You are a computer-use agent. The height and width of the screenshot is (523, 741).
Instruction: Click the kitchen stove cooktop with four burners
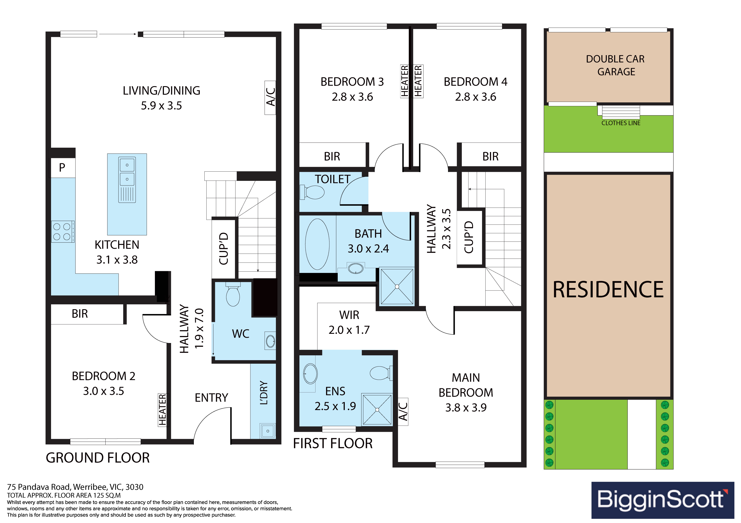pos(63,232)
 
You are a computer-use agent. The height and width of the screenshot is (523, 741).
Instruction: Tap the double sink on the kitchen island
pos(127,180)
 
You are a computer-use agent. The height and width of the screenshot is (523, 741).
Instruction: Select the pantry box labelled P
pos(63,168)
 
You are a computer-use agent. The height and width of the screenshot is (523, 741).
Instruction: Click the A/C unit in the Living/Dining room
pos(270,98)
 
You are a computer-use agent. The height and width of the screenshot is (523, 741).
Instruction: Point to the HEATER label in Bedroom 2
pos(162,410)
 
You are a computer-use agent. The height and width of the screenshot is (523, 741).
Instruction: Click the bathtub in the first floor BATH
pos(317,244)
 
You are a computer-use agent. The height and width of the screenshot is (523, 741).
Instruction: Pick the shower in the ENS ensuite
pos(377,410)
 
